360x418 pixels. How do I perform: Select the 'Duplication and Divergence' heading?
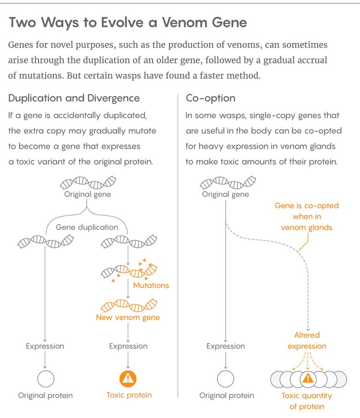[74, 98]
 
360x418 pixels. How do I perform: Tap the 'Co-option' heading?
[210, 98]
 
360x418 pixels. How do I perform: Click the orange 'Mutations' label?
[151, 285]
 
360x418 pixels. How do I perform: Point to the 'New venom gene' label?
[128, 317]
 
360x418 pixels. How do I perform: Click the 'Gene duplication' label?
[87, 227]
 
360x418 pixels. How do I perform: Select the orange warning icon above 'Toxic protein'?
[128, 379]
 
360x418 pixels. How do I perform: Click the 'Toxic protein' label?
[129, 395]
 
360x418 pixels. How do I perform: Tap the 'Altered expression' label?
[307, 340]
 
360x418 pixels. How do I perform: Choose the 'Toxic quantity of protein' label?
[307, 401]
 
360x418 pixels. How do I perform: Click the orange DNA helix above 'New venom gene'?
[128, 305]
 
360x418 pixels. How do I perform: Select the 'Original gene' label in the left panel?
[87, 194]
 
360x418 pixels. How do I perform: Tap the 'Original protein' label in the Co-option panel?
[227, 395]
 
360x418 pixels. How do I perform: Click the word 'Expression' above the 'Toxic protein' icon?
[128, 346]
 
